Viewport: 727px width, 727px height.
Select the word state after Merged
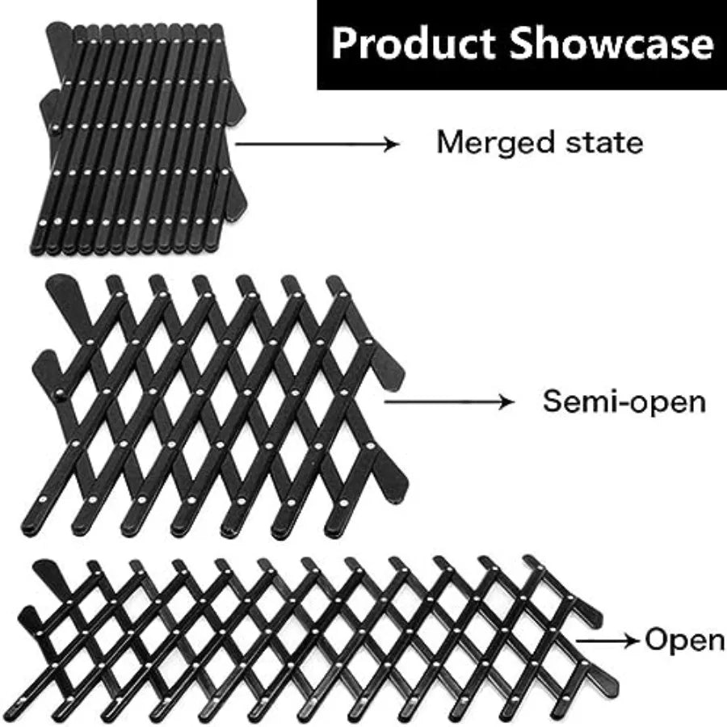603,143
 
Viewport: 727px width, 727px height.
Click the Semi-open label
624,401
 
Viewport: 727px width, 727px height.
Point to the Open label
684,641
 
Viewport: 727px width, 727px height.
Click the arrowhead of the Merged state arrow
393,144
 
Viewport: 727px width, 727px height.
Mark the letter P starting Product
345,44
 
